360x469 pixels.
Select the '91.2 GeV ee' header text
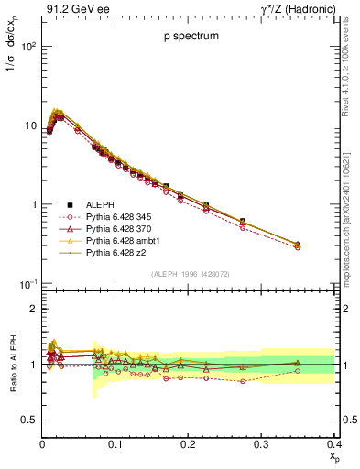(71, 9)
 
